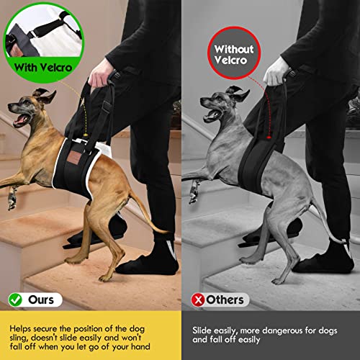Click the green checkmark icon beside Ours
point(15,300)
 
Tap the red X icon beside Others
point(198,300)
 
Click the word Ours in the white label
point(41,300)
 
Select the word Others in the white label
point(225,300)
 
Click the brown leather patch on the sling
point(73,158)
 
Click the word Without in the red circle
point(234,49)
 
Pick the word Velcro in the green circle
point(56,68)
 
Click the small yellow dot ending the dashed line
point(85,135)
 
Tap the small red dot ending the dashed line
point(269,137)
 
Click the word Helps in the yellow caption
point(20,328)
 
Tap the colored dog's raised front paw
point(12,199)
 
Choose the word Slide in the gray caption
point(202,330)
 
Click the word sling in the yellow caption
point(19,338)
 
